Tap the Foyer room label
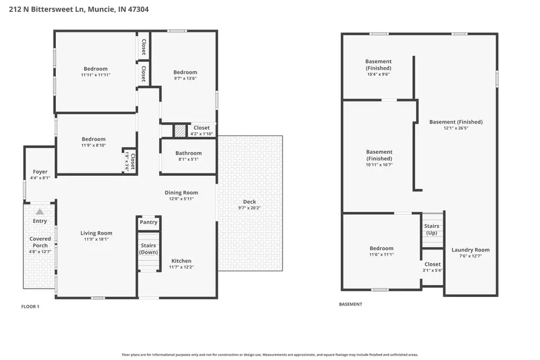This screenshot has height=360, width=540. click(40, 172)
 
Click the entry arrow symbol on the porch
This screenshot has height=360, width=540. click(40, 211)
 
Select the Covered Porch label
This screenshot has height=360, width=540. click(40, 242)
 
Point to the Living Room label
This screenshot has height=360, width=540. click(96, 233)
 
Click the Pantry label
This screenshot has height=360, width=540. click(148, 222)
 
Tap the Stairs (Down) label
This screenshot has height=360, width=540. click(148, 248)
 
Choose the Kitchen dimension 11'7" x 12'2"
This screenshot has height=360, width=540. click(181, 268)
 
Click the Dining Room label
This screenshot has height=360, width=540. click(181, 193)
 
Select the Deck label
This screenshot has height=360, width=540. click(249, 201)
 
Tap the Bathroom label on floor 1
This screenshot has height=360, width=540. click(188, 153)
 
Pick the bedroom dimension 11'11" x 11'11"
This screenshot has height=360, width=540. click(95, 75)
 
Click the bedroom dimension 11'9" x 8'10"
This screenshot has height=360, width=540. click(94, 145)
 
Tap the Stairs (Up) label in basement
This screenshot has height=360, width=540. click(431, 229)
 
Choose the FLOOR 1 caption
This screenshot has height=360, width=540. click(30, 307)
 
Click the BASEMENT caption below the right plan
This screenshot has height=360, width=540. click(350, 304)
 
